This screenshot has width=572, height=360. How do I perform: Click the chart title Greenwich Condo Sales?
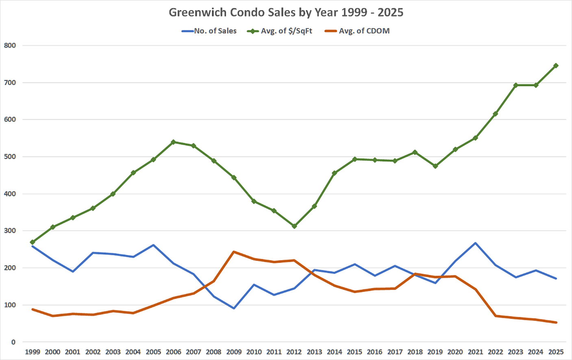click(x=286, y=12)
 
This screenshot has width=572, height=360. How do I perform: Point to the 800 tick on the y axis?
click(x=10, y=46)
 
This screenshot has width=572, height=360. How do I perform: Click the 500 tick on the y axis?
click(x=10, y=157)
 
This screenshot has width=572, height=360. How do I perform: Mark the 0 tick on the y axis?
click(x=13, y=342)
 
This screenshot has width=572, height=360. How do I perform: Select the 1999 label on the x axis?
click(x=33, y=352)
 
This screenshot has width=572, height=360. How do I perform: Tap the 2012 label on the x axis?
click(x=294, y=352)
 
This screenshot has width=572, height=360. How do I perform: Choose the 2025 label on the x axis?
click(x=556, y=352)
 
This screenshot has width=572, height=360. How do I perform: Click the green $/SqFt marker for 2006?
click(x=174, y=142)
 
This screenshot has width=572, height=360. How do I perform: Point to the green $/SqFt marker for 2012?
click(x=294, y=226)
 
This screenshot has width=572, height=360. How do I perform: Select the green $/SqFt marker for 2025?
click(x=556, y=65)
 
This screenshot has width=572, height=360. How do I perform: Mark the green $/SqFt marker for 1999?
click(x=33, y=242)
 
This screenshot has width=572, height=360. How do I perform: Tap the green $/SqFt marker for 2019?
click(x=435, y=166)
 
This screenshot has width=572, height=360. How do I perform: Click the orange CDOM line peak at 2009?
click(x=234, y=252)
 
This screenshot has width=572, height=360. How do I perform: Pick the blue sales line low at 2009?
click(x=234, y=308)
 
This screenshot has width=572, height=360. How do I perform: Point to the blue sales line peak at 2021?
click(x=476, y=243)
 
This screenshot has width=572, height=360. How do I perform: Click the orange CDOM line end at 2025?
click(x=556, y=323)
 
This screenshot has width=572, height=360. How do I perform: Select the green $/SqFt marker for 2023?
click(x=516, y=85)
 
